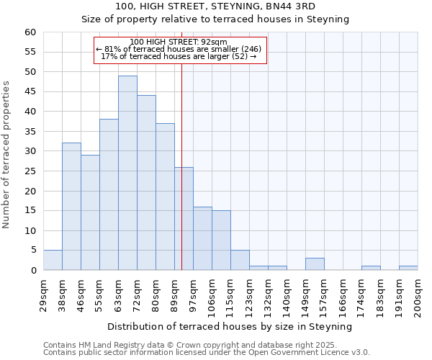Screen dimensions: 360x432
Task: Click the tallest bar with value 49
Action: coord(127,173)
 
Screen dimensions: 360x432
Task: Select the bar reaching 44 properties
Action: coord(146,183)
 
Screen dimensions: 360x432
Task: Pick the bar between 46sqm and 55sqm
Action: coord(90,212)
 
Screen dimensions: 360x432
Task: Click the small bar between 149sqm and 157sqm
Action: coord(315,264)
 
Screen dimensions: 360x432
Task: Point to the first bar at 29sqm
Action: coord(53,261)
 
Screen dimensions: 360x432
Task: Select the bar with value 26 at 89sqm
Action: coord(184,219)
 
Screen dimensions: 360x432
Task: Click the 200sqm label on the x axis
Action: coord(418,294)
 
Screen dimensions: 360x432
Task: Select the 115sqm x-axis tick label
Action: coord(230,294)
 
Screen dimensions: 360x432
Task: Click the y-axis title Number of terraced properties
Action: coord(6,155)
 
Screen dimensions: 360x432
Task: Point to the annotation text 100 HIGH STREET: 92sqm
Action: coord(179,42)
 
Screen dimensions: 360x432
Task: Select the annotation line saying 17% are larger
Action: coord(179,56)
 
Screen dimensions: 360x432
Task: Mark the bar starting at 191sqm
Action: coord(408,269)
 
